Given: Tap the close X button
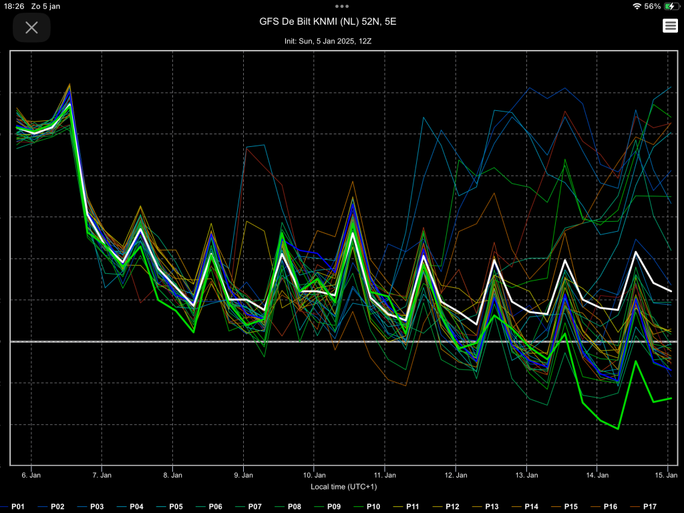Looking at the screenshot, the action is (31, 27).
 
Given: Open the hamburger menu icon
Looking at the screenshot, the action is (670, 26).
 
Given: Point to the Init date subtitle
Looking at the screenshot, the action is (327, 41).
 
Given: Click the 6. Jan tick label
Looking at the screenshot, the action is (31, 475).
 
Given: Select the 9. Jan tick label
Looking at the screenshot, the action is (243, 475).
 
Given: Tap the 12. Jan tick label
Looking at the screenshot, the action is (456, 475).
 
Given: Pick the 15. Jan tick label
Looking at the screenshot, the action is (666, 475).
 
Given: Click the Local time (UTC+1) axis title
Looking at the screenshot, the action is (344, 487).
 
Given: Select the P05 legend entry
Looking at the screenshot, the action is (172, 506).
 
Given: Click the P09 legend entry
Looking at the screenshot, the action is (329, 506).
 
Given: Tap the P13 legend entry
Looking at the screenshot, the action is (487, 506).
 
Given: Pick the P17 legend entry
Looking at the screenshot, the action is (645, 506).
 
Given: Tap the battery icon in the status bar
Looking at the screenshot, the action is (671, 6).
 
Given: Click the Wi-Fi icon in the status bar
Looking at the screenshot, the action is (637, 6).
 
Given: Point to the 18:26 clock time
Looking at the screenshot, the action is (14, 6).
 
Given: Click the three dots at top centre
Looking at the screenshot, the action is (342, 6).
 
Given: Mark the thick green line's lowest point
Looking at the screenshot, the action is (618, 429).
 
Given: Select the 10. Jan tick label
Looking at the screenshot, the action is (314, 475).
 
